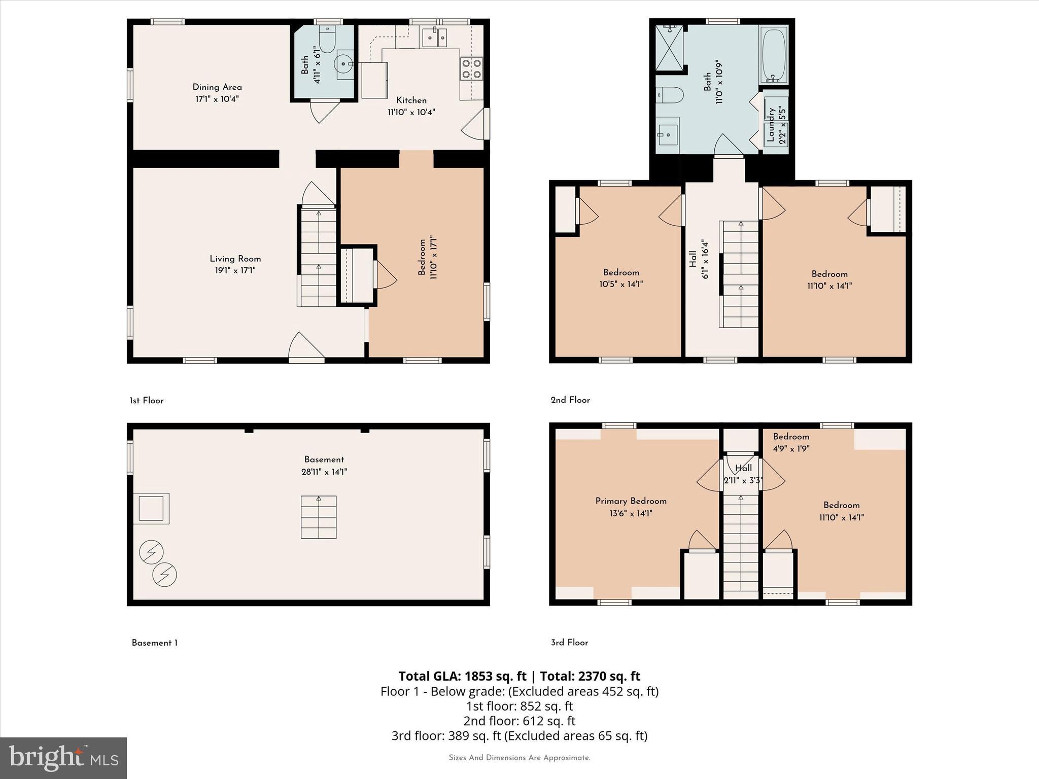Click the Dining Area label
217,87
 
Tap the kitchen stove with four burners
471,69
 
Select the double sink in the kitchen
434,38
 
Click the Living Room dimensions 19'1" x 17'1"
235,271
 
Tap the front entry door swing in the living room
305,347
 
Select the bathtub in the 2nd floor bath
774,55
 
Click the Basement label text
324,459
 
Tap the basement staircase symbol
319,517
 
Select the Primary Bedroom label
631,501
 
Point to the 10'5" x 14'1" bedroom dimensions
621,285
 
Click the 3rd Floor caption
569,643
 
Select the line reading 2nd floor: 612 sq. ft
519,721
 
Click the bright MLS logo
63,758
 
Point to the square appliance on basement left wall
151,508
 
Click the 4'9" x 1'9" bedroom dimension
791,449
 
